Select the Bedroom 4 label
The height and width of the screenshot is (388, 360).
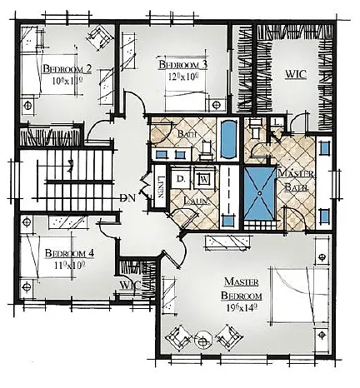62,252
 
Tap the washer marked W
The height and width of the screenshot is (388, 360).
202,180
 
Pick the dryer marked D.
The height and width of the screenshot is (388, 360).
181,179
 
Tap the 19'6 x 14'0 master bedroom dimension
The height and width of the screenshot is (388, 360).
241,306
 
